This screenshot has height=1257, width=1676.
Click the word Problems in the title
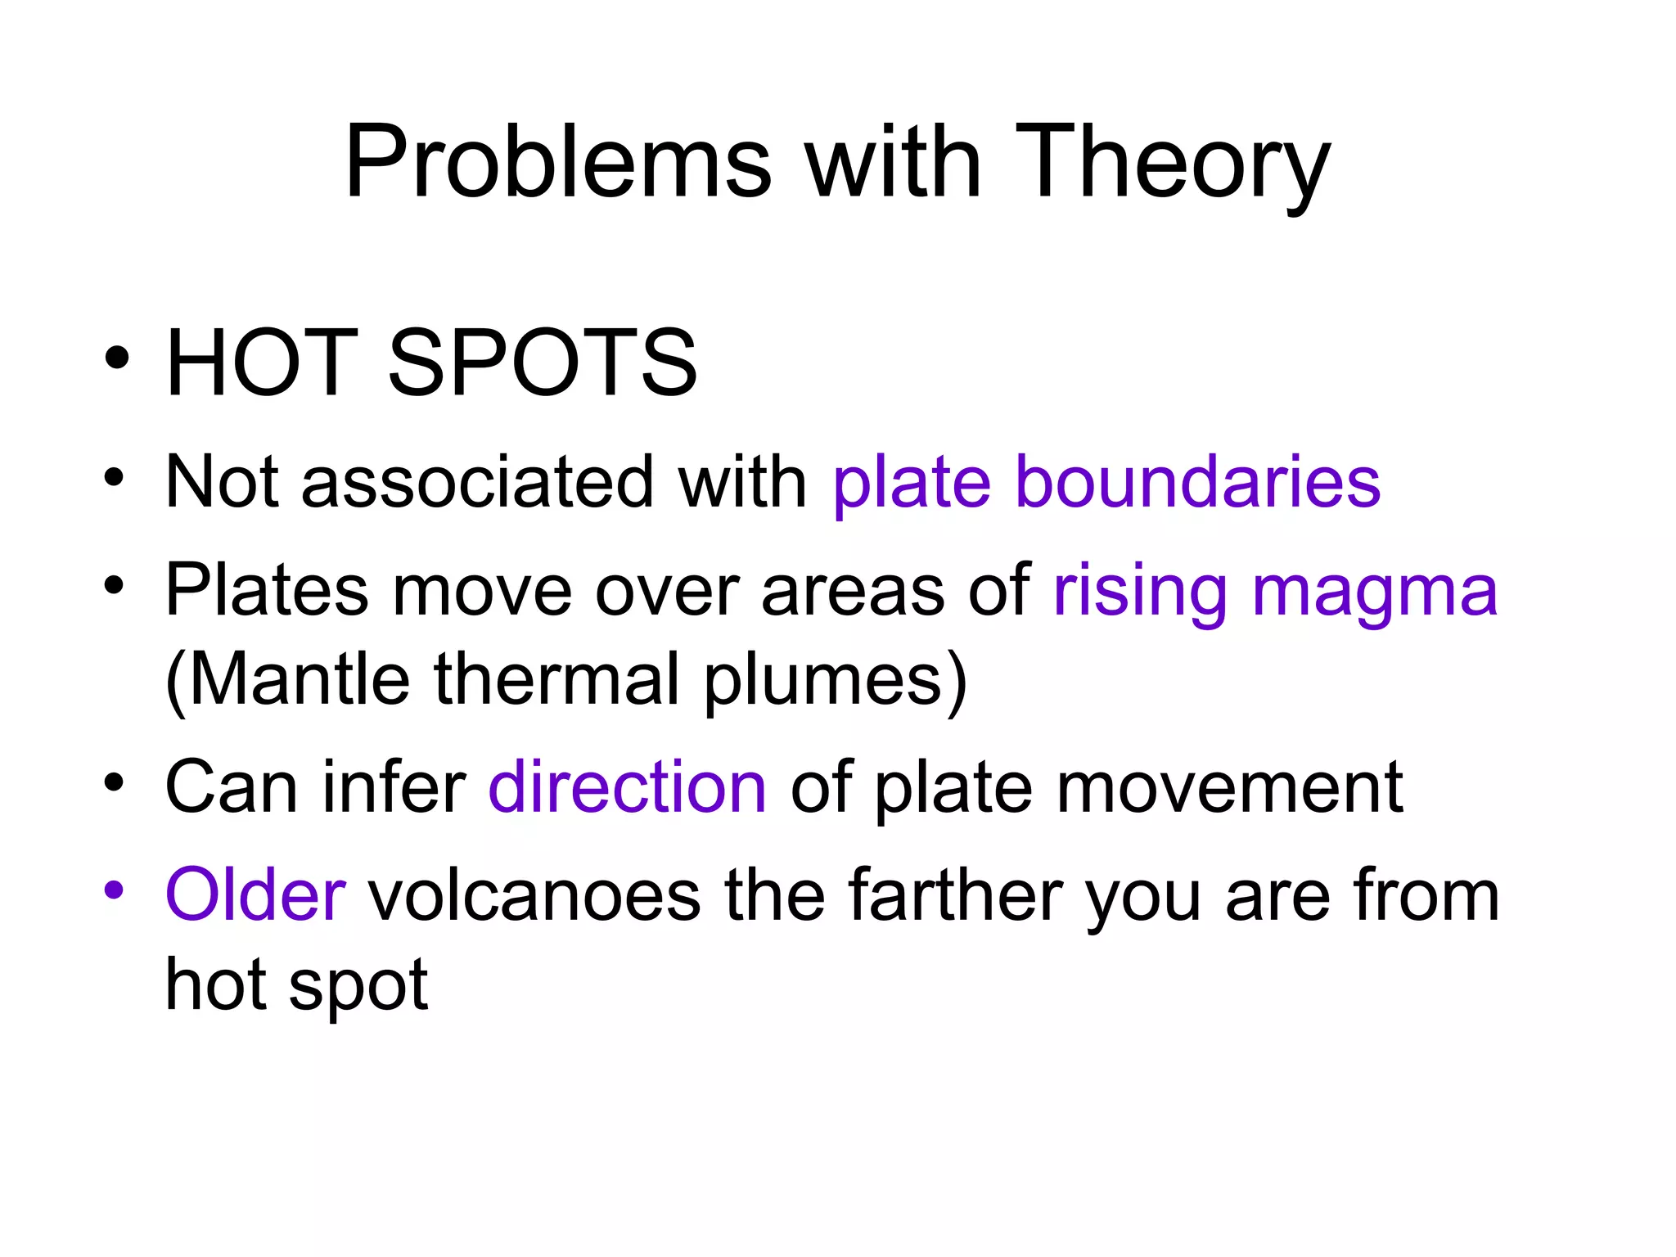pyautogui.click(x=557, y=161)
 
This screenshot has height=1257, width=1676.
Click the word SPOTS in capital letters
pyautogui.click(x=542, y=363)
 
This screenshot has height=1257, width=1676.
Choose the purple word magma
pyautogui.click(x=1374, y=591)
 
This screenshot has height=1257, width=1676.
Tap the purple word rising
pyautogui.click(x=1140, y=591)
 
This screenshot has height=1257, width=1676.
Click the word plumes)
pyautogui.click(x=835, y=679)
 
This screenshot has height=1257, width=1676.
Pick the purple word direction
pyautogui.click(x=627, y=787)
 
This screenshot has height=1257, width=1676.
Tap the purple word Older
pyautogui.click(x=255, y=895)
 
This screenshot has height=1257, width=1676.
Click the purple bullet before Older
pyautogui.click(x=114, y=889)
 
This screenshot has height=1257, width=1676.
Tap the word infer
pyautogui.click(x=394, y=787)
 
